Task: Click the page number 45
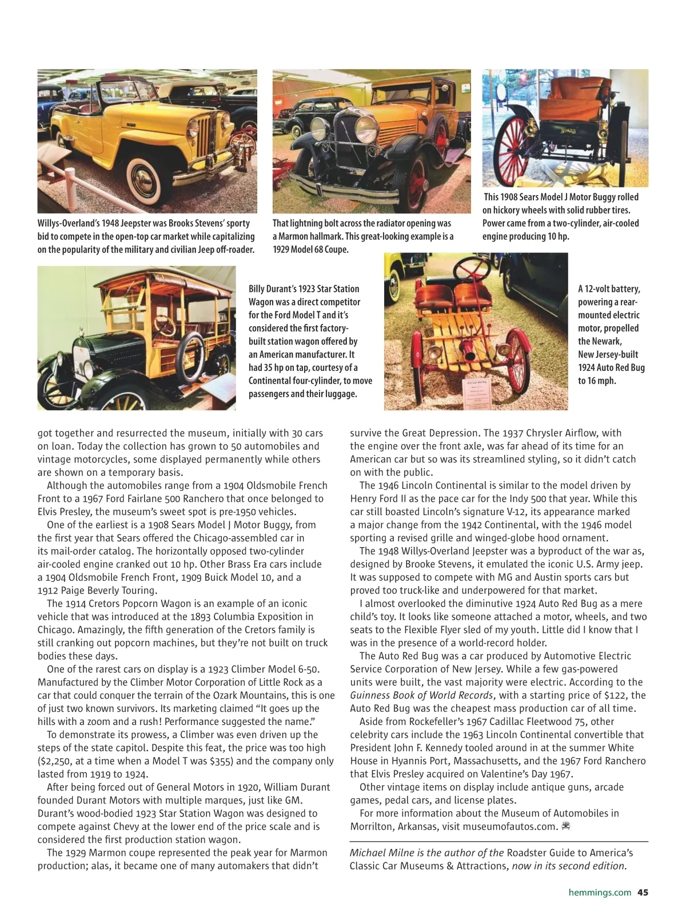[x=643, y=892]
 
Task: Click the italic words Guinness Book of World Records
[x=421, y=695]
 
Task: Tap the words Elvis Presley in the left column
[x=67, y=512]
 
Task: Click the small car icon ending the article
[x=567, y=826]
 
